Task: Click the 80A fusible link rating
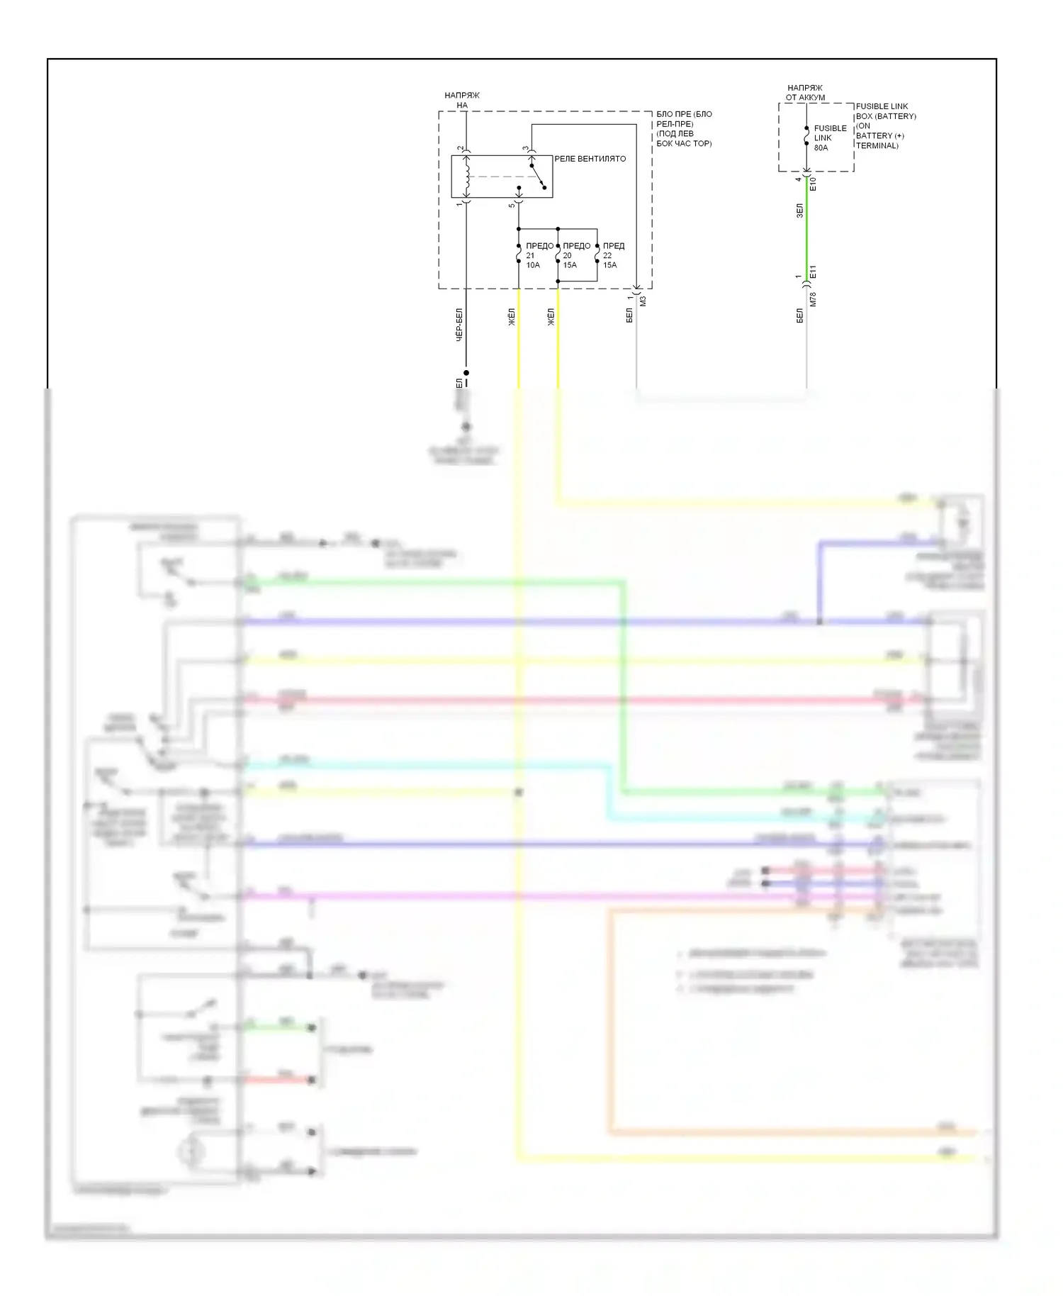[821, 147]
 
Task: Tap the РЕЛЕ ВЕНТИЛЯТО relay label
[590, 159]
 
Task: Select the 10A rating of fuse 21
[533, 265]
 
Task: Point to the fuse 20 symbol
[558, 254]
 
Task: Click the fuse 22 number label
[607, 255]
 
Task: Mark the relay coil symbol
[466, 177]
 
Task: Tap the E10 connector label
[813, 184]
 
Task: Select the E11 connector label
[813, 272]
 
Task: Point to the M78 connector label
[813, 299]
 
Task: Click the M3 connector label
[643, 301]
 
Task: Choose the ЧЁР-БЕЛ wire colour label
[459, 324]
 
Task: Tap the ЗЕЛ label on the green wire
[799, 211]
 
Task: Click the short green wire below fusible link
[806, 227]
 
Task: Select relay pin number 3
[525, 149]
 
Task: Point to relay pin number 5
[511, 206]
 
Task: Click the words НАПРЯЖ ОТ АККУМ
[805, 93]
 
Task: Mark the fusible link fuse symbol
[806, 135]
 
